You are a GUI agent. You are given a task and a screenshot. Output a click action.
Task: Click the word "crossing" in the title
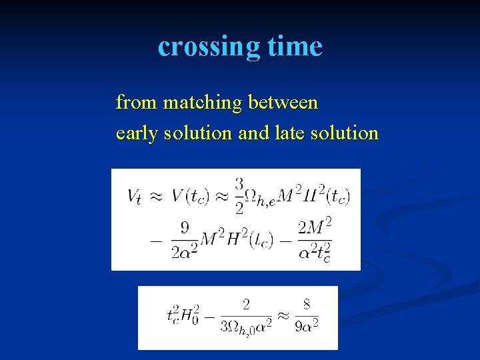[x=208, y=46]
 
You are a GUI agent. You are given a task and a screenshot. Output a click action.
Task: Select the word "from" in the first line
[x=137, y=103]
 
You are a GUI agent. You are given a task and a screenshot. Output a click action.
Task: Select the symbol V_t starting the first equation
[x=135, y=196]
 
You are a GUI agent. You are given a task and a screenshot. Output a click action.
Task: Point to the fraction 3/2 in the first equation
[x=239, y=195]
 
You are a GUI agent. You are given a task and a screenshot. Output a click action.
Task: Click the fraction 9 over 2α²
[x=185, y=238]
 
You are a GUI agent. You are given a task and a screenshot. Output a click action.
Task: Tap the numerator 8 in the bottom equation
[x=306, y=305]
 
